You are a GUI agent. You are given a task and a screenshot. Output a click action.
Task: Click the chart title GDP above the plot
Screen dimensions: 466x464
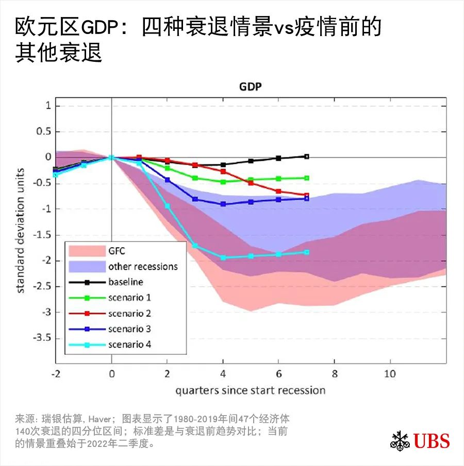[251, 87]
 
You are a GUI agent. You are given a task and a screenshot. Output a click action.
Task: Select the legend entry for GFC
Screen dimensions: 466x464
[117, 251]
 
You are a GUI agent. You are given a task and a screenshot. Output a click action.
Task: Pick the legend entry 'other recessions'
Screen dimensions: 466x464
[143, 266]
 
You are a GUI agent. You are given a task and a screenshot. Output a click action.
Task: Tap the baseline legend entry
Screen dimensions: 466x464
[126, 282]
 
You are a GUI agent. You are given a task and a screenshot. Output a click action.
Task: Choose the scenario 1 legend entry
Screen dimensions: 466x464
[129, 298]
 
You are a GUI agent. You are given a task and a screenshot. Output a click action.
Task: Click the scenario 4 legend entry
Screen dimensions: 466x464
[129, 344]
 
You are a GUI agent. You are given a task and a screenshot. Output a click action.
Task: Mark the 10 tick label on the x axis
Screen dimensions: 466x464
[390, 373]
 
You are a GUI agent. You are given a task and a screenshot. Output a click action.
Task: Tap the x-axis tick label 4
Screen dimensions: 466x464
[223, 373]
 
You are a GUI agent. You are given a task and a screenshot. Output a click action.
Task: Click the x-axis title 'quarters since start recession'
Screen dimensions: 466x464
[250, 390]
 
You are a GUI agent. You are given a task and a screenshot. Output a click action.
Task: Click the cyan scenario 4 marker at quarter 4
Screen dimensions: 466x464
[223, 257]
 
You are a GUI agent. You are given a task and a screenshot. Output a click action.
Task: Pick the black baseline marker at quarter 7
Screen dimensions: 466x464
[307, 156]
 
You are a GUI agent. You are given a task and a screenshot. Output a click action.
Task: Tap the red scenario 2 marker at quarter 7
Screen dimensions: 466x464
[307, 196]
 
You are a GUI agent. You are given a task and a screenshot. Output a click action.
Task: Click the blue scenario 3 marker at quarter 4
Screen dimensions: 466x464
[223, 204]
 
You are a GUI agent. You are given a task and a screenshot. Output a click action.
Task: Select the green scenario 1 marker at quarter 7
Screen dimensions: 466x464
[307, 178]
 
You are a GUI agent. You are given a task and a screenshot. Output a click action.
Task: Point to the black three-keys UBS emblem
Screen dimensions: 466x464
[400, 441]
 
